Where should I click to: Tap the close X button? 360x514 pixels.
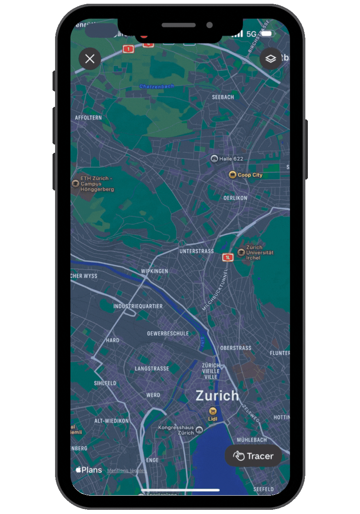pos(90,59)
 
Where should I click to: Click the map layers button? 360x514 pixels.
pos(271,59)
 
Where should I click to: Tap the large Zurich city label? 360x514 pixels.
pos(217,395)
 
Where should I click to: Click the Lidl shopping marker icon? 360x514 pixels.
pos(213,411)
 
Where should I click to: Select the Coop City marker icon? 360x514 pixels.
pos(233,175)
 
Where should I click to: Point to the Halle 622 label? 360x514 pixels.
pos(231,159)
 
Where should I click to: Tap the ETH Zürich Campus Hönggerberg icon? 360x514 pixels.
pos(76,183)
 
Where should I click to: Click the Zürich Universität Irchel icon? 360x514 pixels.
pos(241,252)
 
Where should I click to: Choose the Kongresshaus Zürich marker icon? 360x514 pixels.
pos(199,430)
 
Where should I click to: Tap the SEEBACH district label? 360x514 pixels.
pos(223,97)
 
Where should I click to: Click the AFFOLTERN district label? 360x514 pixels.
pos(88,118)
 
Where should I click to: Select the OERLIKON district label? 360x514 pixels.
pos(235,198)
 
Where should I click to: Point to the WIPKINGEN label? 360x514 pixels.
pos(154,271)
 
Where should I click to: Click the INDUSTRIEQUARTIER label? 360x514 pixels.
pos(138,306)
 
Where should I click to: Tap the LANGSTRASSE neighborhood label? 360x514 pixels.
pos(152,369)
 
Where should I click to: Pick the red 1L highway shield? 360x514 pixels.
pos(227,257)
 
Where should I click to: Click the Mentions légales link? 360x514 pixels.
pos(127,471)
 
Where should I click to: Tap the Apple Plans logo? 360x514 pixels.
pos(88,470)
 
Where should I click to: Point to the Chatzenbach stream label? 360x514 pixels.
pos(156,86)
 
